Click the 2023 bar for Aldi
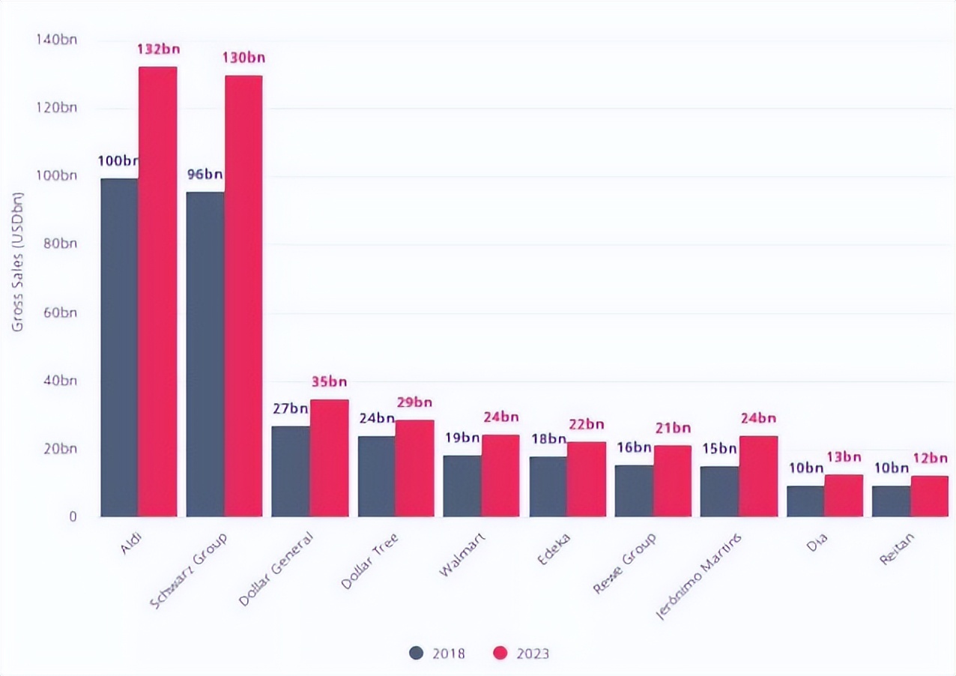[157, 292]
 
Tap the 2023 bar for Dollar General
[329, 458]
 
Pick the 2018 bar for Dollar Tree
[376, 476]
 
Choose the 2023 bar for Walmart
[500, 475]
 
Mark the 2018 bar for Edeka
[548, 486]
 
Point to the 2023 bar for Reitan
[929, 496]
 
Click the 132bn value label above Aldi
[157, 49]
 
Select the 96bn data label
[204, 175]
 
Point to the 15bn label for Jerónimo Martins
[718, 449]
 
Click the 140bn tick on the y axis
[57, 39]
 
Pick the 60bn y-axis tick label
[58, 313]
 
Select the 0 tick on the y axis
[73, 516]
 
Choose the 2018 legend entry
[438, 654]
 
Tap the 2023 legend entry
[521, 654]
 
